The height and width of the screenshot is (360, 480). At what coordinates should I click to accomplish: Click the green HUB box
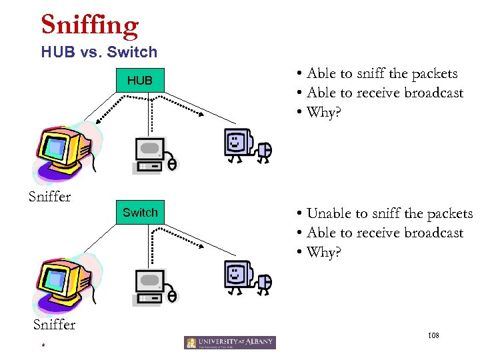click(x=140, y=81)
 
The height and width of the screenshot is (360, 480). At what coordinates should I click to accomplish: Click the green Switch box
click(x=140, y=213)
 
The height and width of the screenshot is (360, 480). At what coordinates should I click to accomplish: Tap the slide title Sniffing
click(x=90, y=25)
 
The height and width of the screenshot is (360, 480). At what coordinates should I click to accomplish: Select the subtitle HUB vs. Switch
click(x=99, y=52)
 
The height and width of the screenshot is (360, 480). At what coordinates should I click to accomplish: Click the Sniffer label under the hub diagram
click(x=49, y=196)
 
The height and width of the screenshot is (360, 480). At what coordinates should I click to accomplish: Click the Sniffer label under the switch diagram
click(x=54, y=324)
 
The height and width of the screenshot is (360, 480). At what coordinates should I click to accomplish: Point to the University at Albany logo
click(x=230, y=343)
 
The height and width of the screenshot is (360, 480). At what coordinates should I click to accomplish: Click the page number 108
click(x=434, y=333)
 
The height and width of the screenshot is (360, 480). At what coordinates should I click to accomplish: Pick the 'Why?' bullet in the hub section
click(x=323, y=112)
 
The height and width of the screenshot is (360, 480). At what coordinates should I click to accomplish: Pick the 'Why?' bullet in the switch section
click(x=323, y=252)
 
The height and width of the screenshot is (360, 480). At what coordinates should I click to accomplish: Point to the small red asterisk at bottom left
click(x=42, y=346)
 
